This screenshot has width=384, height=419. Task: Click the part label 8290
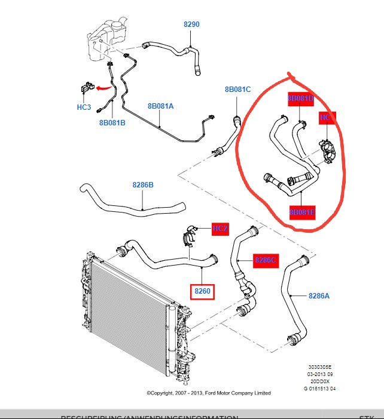click(x=191, y=24)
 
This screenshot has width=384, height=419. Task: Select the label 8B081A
click(x=160, y=106)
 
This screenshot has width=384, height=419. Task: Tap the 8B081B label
click(x=112, y=123)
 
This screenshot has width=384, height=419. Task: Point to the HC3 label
click(x=84, y=107)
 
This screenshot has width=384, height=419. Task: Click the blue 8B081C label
click(x=237, y=90)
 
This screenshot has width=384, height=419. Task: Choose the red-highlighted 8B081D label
click(x=301, y=98)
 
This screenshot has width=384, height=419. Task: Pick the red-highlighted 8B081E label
click(x=302, y=212)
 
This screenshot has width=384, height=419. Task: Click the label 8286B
click(x=143, y=185)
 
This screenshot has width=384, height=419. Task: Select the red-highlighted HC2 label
click(x=220, y=229)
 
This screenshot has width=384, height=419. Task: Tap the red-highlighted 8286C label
click(x=266, y=260)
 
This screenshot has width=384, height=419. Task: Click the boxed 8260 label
click(x=202, y=292)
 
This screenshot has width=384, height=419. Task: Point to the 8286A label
click(x=319, y=295)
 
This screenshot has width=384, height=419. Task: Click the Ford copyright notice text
click(x=209, y=393)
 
